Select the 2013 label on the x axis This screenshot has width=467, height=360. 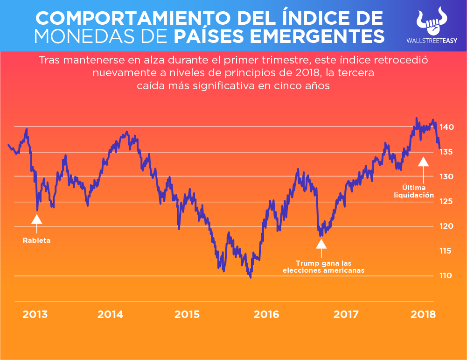point(35,314)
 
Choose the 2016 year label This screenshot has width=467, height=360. point(266,314)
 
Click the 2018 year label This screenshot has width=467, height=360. point(423,314)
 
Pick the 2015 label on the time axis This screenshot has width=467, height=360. point(187,314)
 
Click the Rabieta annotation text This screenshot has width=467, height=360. point(36,240)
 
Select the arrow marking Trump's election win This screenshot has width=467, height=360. point(321,244)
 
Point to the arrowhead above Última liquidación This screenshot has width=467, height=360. point(423,162)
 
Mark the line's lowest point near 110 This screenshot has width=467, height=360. point(251,277)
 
